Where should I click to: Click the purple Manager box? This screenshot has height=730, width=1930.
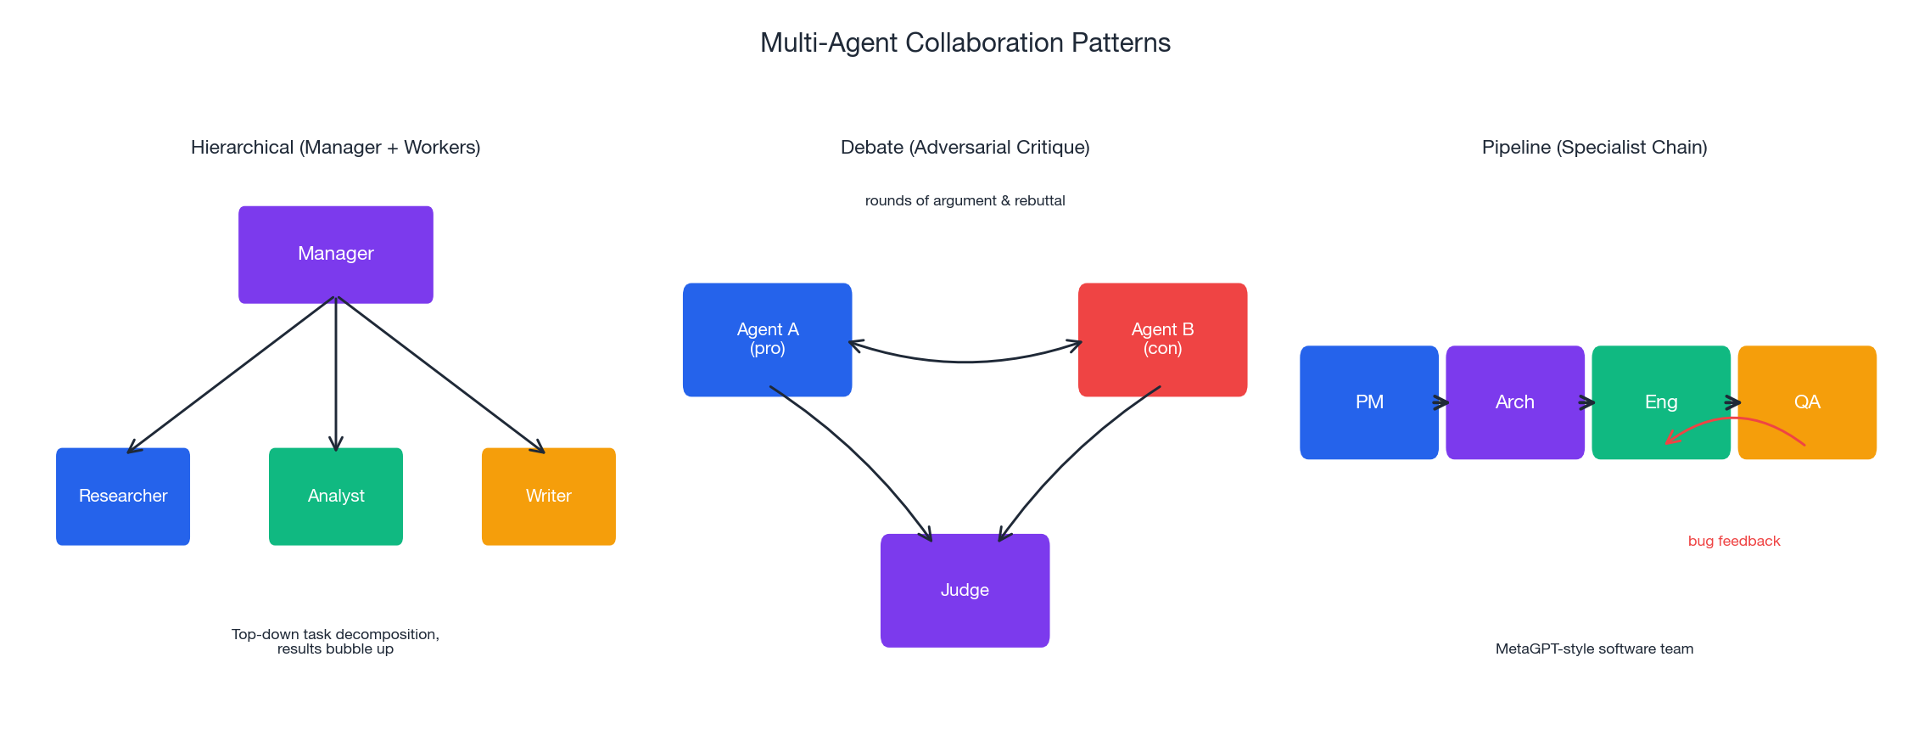point(335,254)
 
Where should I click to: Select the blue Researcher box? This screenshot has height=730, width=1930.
point(123,496)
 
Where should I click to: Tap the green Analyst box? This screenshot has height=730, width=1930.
point(335,496)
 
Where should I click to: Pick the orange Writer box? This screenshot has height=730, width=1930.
point(548,496)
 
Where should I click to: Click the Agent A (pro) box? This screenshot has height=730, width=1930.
point(767,339)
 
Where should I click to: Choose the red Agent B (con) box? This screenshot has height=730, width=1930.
point(1162,339)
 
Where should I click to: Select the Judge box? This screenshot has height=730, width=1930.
point(965,590)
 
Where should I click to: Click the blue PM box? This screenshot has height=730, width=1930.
point(1368,401)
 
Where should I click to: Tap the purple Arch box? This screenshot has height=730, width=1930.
point(1514,401)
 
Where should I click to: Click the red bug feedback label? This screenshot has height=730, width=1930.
point(1734,541)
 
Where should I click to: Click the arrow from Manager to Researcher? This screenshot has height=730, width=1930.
point(229,375)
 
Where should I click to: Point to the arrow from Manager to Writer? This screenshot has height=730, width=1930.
point(441,375)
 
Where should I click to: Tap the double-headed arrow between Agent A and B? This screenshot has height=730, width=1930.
point(965,362)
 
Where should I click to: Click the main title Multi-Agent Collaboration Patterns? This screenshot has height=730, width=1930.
point(965,42)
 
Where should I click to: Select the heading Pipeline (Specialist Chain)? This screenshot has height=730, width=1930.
point(1594,147)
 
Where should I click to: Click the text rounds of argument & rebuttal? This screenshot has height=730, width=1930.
point(965,200)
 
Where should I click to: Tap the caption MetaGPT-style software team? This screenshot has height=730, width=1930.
point(1594,649)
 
